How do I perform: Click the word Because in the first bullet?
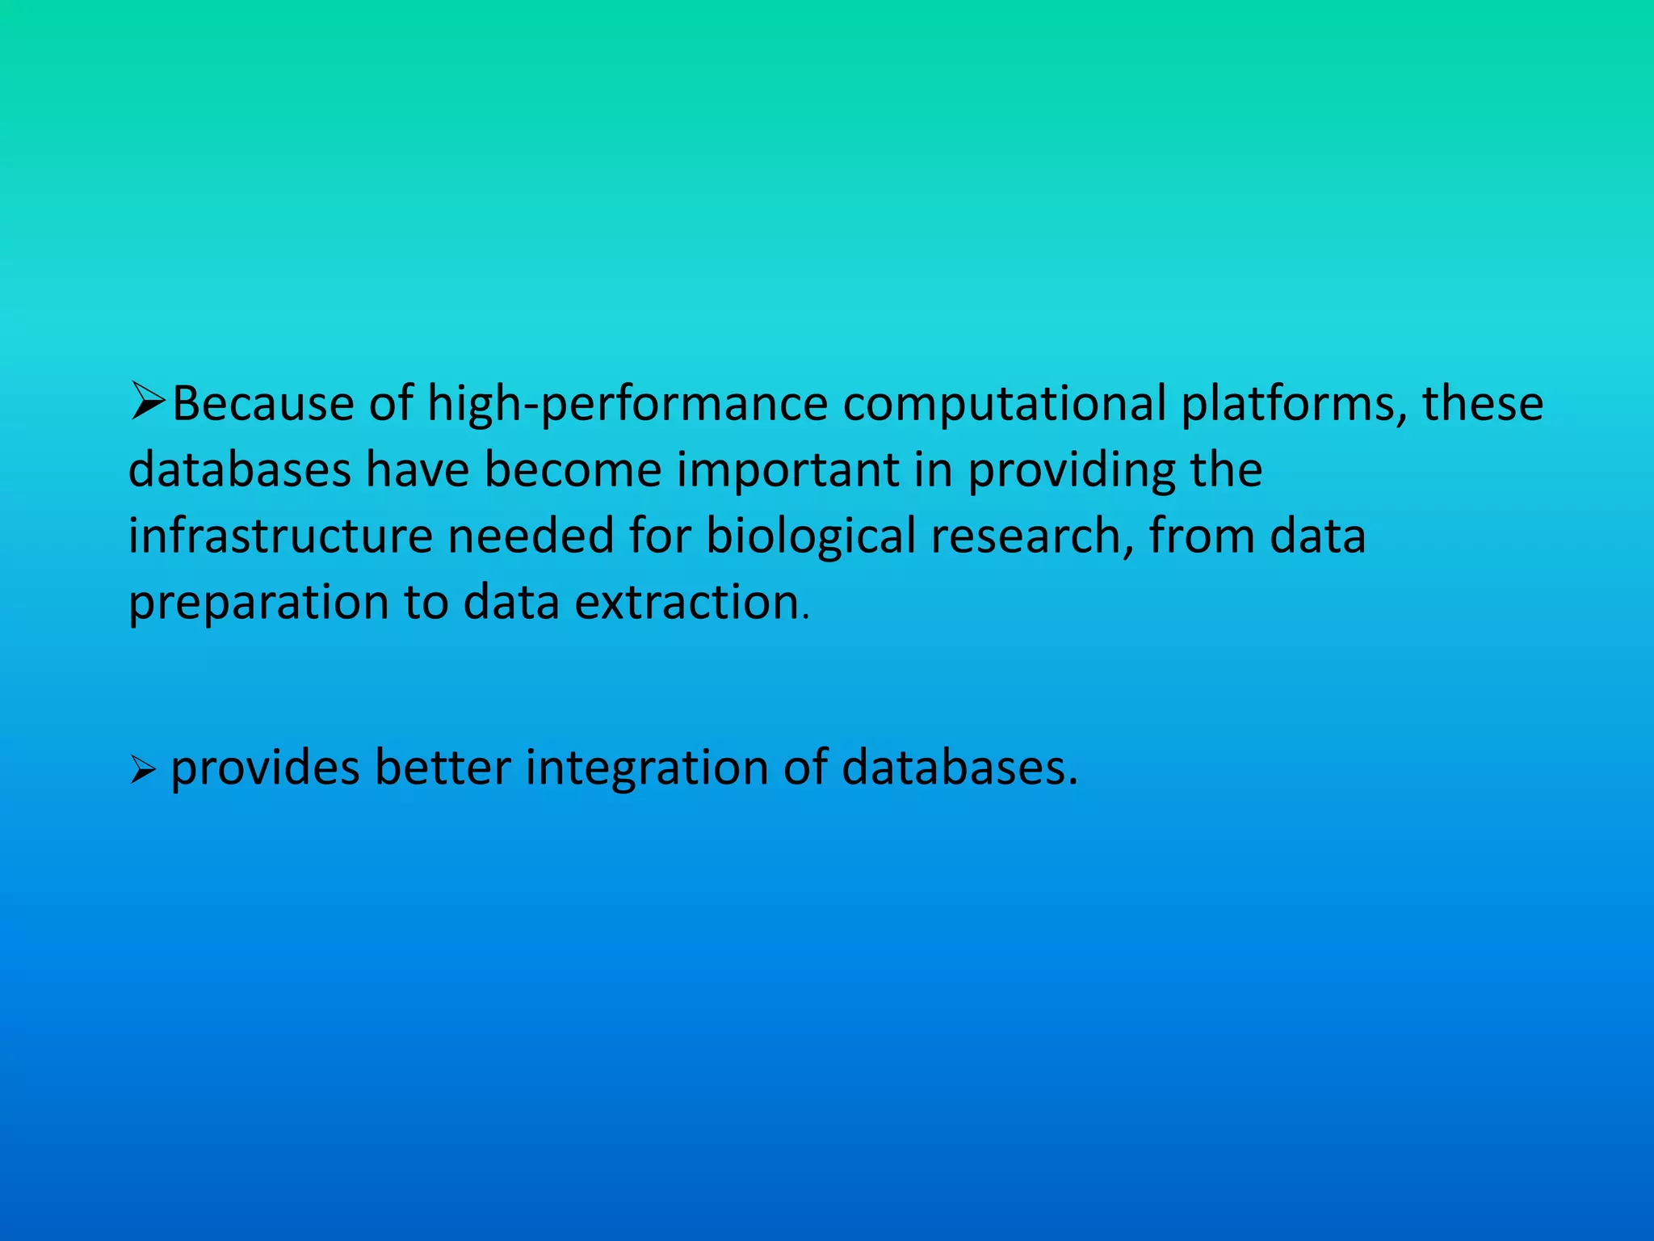262,403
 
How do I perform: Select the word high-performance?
628,403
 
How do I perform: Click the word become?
573,469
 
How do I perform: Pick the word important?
787,469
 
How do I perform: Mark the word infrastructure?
280,536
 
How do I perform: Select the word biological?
811,536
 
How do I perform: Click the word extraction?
686,602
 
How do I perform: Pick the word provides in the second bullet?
265,768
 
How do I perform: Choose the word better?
443,768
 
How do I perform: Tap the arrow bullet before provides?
141,772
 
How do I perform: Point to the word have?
418,469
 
